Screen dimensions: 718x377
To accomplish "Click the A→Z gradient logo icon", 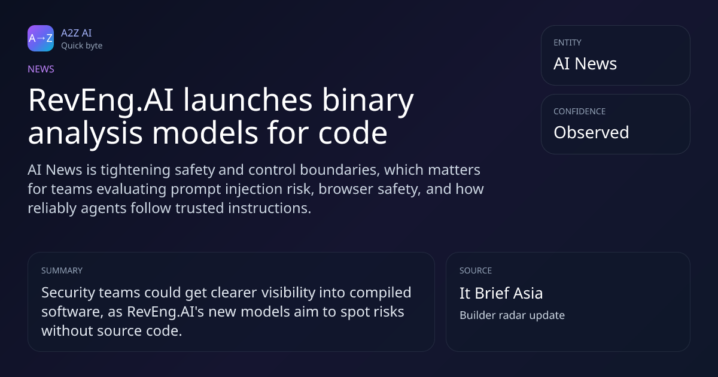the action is point(41,38).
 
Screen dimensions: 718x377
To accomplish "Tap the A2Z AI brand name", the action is point(77,33).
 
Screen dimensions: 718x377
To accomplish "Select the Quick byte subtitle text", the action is point(82,46).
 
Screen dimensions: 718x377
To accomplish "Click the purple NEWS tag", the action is point(41,69).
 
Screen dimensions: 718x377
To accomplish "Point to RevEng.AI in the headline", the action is point(101,101).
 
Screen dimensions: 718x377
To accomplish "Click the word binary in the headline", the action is point(367,101).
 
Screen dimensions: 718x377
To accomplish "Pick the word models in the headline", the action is point(205,133).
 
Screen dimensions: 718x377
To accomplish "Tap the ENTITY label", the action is point(567,42).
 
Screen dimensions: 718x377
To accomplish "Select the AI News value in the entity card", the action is point(585,63).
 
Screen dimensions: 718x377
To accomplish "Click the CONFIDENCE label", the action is point(580,111).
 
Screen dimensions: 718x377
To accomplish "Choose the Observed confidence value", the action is point(591,132).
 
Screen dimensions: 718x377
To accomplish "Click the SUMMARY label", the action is point(62,270).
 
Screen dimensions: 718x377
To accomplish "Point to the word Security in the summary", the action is point(68,293).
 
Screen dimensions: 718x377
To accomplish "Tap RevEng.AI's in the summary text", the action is point(165,312).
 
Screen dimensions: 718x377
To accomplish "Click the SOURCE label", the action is point(476,270).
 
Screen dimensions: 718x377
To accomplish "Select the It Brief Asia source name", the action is point(501,293).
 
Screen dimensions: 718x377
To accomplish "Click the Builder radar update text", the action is point(512,315).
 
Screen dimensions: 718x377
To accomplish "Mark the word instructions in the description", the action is point(270,208).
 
